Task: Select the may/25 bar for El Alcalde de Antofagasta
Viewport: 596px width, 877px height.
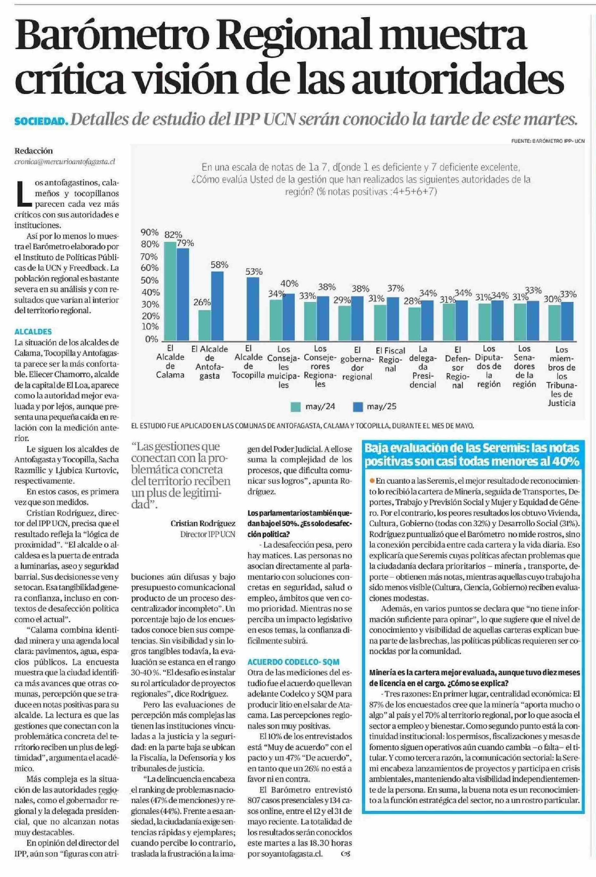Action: pos(217,306)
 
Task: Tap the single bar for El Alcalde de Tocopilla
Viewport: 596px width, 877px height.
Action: pos(253,309)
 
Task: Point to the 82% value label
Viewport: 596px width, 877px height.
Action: pos(173,234)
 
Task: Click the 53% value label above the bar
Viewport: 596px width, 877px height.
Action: pos(253,271)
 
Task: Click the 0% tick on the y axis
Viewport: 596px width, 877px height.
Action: pos(152,339)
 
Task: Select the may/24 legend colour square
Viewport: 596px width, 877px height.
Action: pos(295,407)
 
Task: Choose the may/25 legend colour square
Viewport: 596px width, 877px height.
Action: pos(358,407)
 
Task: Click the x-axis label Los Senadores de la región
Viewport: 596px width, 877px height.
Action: pos(524,366)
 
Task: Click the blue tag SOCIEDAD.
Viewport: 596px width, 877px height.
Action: pos(41,122)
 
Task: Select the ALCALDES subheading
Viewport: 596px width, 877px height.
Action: pos(33,332)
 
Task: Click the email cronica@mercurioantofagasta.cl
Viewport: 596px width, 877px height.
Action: pos(65,162)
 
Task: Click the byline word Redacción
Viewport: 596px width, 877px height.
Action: pos(34,150)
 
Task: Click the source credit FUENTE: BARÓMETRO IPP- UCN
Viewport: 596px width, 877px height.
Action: pos(548,141)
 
